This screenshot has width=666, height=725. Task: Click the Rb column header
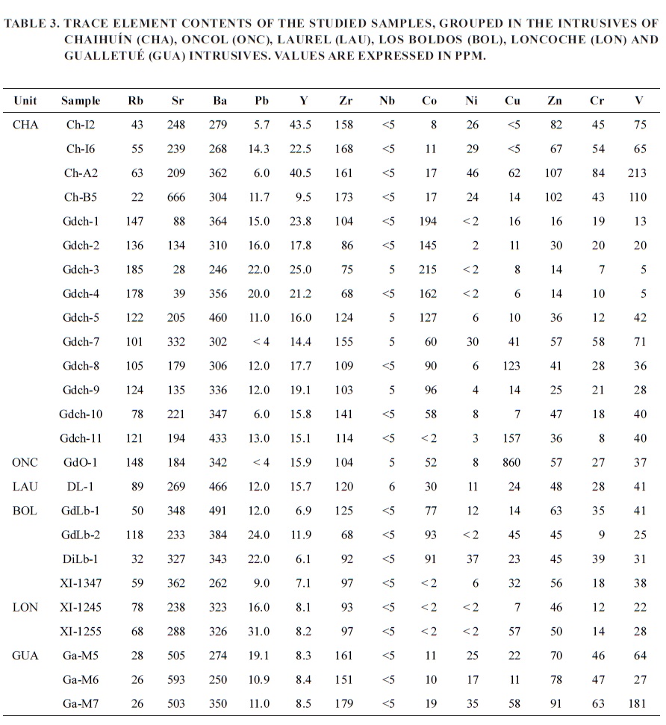click(135, 101)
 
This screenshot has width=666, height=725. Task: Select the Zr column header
click(346, 101)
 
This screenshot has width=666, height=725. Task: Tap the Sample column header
click(81, 101)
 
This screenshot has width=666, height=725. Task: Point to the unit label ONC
click(25, 463)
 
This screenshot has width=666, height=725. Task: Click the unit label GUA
click(25, 656)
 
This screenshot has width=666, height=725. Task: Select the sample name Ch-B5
click(81, 197)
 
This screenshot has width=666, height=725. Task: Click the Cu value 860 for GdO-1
click(511, 463)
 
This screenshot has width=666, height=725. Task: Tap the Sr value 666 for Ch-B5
click(175, 197)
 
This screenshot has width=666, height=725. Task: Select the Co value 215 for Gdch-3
click(428, 270)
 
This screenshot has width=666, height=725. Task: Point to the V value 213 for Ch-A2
click(638, 173)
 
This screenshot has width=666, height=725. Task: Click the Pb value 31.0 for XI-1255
click(259, 632)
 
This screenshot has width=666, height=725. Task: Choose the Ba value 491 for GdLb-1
click(217, 511)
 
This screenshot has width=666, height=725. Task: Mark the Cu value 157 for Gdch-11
click(511, 438)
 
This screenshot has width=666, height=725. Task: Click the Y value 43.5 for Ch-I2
click(301, 125)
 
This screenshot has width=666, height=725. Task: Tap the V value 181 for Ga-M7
click(638, 704)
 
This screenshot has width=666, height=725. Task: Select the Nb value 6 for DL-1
click(390, 487)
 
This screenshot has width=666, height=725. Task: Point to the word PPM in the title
click(470, 56)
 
